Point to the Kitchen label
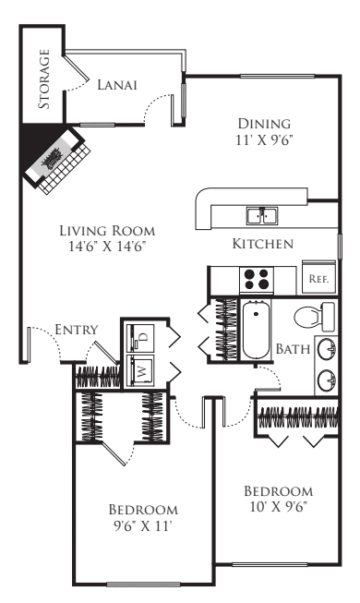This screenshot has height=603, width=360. coord(262,244)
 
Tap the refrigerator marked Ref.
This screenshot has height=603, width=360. coord(319,278)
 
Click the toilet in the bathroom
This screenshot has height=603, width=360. coord(313,317)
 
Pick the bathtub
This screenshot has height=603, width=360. coord(256,330)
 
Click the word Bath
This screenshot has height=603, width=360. coord(293,349)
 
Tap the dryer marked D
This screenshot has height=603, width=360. coord(142,334)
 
